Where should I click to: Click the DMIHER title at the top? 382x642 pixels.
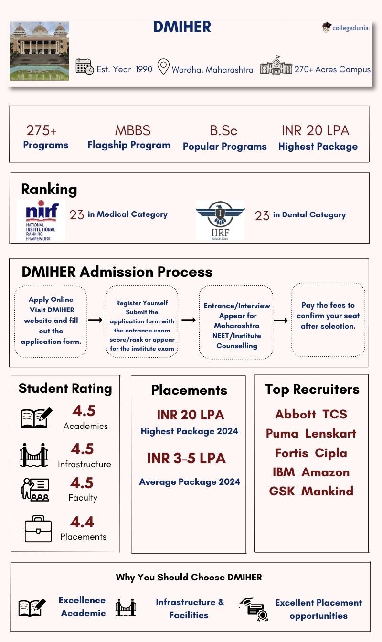pyautogui.click(x=182, y=27)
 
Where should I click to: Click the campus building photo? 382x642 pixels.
pyautogui.click(x=39, y=51)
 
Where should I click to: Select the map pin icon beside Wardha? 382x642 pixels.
pyautogui.click(x=163, y=67)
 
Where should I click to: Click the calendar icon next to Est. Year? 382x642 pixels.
pyautogui.click(x=85, y=66)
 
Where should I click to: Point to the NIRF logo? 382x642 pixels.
pyautogui.click(x=42, y=220)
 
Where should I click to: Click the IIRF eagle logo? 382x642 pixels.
pyautogui.click(x=220, y=220)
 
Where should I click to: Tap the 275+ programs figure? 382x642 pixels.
pyautogui.click(x=42, y=130)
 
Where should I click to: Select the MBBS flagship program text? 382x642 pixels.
pyautogui.click(x=132, y=130)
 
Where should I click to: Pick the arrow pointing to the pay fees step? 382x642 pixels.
pyautogui.click(x=280, y=321)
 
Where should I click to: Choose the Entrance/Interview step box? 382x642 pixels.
pyautogui.click(x=236, y=321)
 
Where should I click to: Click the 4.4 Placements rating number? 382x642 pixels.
pyautogui.click(x=83, y=522)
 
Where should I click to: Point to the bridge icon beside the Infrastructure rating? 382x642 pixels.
pyautogui.click(x=34, y=455)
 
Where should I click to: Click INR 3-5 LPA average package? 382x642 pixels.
pyautogui.click(x=186, y=458)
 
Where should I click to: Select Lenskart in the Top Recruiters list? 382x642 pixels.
pyautogui.click(x=330, y=434)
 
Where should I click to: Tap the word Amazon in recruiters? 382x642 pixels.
pyautogui.click(x=325, y=472)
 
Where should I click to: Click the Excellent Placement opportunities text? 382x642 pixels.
pyautogui.click(x=318, y=609)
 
